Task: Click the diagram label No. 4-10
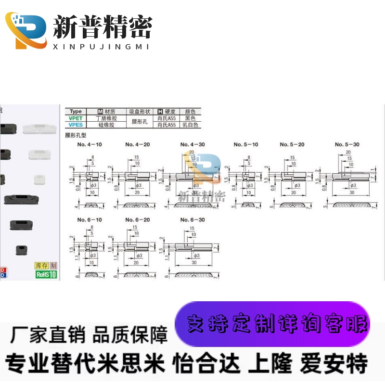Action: [x=90, y=144]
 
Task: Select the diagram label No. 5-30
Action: [x=347, y=144]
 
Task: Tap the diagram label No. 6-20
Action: [x=138, y=219]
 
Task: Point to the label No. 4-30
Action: [x=192, y=144]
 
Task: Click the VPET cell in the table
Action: [x=76, y=118]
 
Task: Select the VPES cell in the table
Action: [x=76, y=124]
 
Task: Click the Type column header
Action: [x=76, y=111]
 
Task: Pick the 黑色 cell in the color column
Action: [x=191, y=118]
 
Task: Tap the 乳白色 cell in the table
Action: [x=191, y=124]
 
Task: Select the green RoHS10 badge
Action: [x=46, y=274]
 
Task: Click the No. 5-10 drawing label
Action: [x=246, y=144]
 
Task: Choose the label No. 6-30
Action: [x=192, y=219]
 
